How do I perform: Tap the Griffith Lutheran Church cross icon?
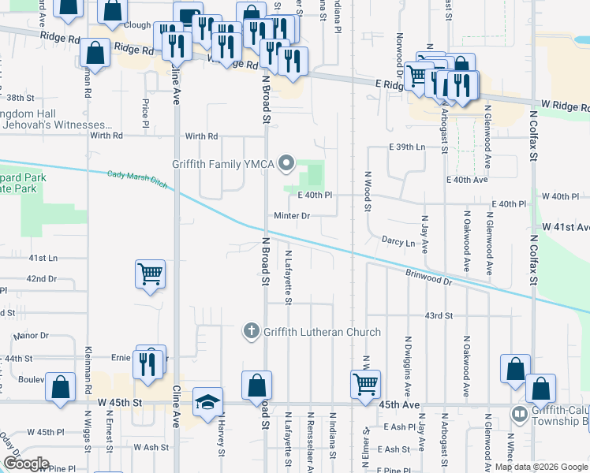252,331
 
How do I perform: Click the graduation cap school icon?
207,403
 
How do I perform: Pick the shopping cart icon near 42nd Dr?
150,274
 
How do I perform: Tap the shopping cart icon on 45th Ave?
365,385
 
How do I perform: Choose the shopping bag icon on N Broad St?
256,386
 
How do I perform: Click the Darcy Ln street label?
398,243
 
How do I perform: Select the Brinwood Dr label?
428,277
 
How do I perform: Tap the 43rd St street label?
438,315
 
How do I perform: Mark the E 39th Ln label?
407,147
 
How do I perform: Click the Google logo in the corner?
26,464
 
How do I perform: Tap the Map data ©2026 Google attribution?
540,467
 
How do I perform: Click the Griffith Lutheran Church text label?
323,332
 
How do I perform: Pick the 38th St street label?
21,99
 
